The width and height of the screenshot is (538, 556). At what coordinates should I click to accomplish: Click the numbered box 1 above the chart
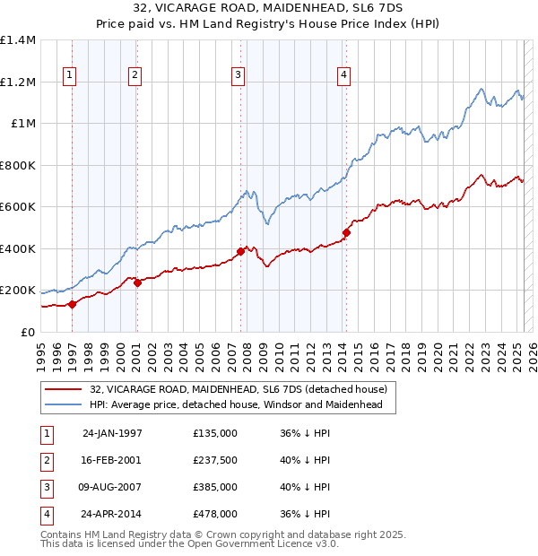pyautogui.click(x=70, y=75)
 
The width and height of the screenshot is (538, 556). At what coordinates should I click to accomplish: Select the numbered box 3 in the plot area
pyautogui.click(x=238, y=75)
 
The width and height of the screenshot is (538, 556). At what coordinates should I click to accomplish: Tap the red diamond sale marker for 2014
pyautogui.click(x=346, y=233)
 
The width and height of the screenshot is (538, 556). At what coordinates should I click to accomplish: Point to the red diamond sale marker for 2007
pyautogui.click(x=240, y=252)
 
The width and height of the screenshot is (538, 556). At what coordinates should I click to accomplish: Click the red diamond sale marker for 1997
pyautogui.click(x=73, y=304)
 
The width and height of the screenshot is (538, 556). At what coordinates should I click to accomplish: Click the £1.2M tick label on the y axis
pyautogui.click(x=18, y=82)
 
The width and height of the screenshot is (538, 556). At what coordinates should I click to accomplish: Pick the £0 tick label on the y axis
pyautogui.click(x=28, y=332)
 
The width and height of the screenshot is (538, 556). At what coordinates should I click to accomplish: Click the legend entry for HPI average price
pyautogui.click(x=236, y=404)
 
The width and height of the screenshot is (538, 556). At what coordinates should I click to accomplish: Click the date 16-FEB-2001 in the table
pyautogui.click(x=112, y=461)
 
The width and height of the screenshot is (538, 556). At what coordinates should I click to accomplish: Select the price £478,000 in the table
pyautogui.click(x=215, y=515)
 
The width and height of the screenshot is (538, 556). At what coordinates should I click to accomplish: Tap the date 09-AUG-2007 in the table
pyautogui.click(x=112, y=488)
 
